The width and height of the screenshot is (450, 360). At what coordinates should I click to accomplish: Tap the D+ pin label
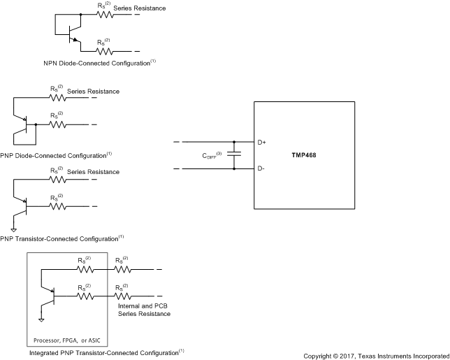(261, 142)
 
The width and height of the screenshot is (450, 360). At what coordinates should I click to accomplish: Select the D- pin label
(261, 168)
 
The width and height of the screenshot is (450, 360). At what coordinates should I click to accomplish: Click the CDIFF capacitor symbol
(234, 154)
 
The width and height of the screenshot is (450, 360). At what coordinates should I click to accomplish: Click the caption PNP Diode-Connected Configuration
(57, 154)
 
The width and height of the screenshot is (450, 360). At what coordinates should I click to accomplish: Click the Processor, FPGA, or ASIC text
(66, 340)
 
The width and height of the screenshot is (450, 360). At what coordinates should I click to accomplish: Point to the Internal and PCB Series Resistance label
(141, 310)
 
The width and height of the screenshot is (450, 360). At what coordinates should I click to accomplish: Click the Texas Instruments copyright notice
(375, 356)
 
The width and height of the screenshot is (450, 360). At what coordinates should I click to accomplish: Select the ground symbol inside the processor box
(41, 319)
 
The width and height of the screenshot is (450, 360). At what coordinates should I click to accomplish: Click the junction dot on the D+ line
(234, 142)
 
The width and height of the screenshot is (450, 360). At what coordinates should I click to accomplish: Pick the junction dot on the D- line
(234, 168)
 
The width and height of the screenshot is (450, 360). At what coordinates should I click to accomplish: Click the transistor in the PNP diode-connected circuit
(26, 126)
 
